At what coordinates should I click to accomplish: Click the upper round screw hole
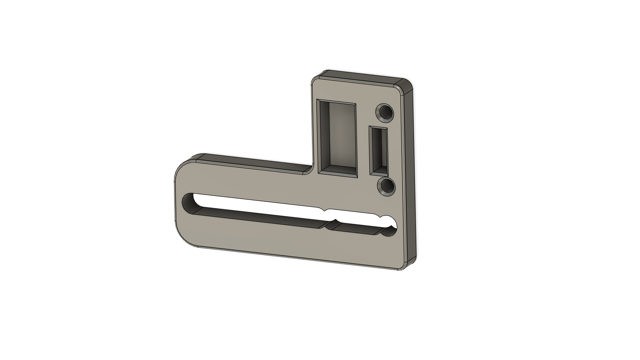pyautogui.click(x=385, y=112)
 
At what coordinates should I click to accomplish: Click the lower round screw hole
pyautogui.click(x=387, y=187)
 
